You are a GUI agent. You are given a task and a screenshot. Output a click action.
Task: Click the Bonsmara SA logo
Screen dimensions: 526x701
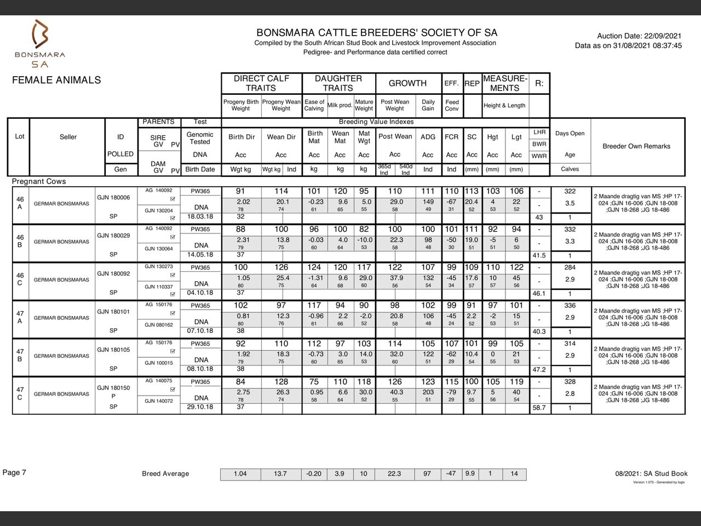pos(39,43)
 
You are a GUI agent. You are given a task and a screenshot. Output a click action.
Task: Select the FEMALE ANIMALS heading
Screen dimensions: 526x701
pos(56,80)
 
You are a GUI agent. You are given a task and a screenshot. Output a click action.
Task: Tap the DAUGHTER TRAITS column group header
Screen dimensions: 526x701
pos(338,83)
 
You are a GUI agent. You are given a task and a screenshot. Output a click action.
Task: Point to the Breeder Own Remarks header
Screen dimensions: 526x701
pos(636,146)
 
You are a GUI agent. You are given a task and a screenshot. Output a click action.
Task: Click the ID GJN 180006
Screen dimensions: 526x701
pos(113,197)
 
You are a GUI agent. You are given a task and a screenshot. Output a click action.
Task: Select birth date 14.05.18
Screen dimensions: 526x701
pos(200,255)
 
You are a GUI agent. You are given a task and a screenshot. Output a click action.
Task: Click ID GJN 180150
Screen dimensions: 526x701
pos(113,388)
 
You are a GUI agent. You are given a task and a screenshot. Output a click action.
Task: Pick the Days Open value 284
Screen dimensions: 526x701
pos(570,267)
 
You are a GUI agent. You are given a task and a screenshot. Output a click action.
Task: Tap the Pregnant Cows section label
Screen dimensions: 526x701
pos(39,181)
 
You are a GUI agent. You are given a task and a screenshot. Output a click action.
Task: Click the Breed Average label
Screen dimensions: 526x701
pos(165,474)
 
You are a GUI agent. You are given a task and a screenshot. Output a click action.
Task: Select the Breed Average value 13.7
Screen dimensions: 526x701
pos(280,474)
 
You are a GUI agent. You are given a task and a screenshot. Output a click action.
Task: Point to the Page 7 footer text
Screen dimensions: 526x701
pos(14,472)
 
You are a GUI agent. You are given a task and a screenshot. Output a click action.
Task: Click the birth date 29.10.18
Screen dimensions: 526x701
pos(200,407)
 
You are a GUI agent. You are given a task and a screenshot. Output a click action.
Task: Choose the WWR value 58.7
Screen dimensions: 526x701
pos(539,408)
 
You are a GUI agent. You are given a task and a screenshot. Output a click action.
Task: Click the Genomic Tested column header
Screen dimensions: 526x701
pos(200,138)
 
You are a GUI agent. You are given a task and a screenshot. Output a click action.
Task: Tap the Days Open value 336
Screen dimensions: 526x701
pos(570,306)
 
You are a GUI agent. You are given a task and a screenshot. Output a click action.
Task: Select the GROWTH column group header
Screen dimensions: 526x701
pos(407,83)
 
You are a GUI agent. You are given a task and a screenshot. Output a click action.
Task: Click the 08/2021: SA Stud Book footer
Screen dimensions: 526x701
pos(651,473)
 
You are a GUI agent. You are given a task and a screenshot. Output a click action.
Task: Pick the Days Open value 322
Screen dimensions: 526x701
pos(570,191)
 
